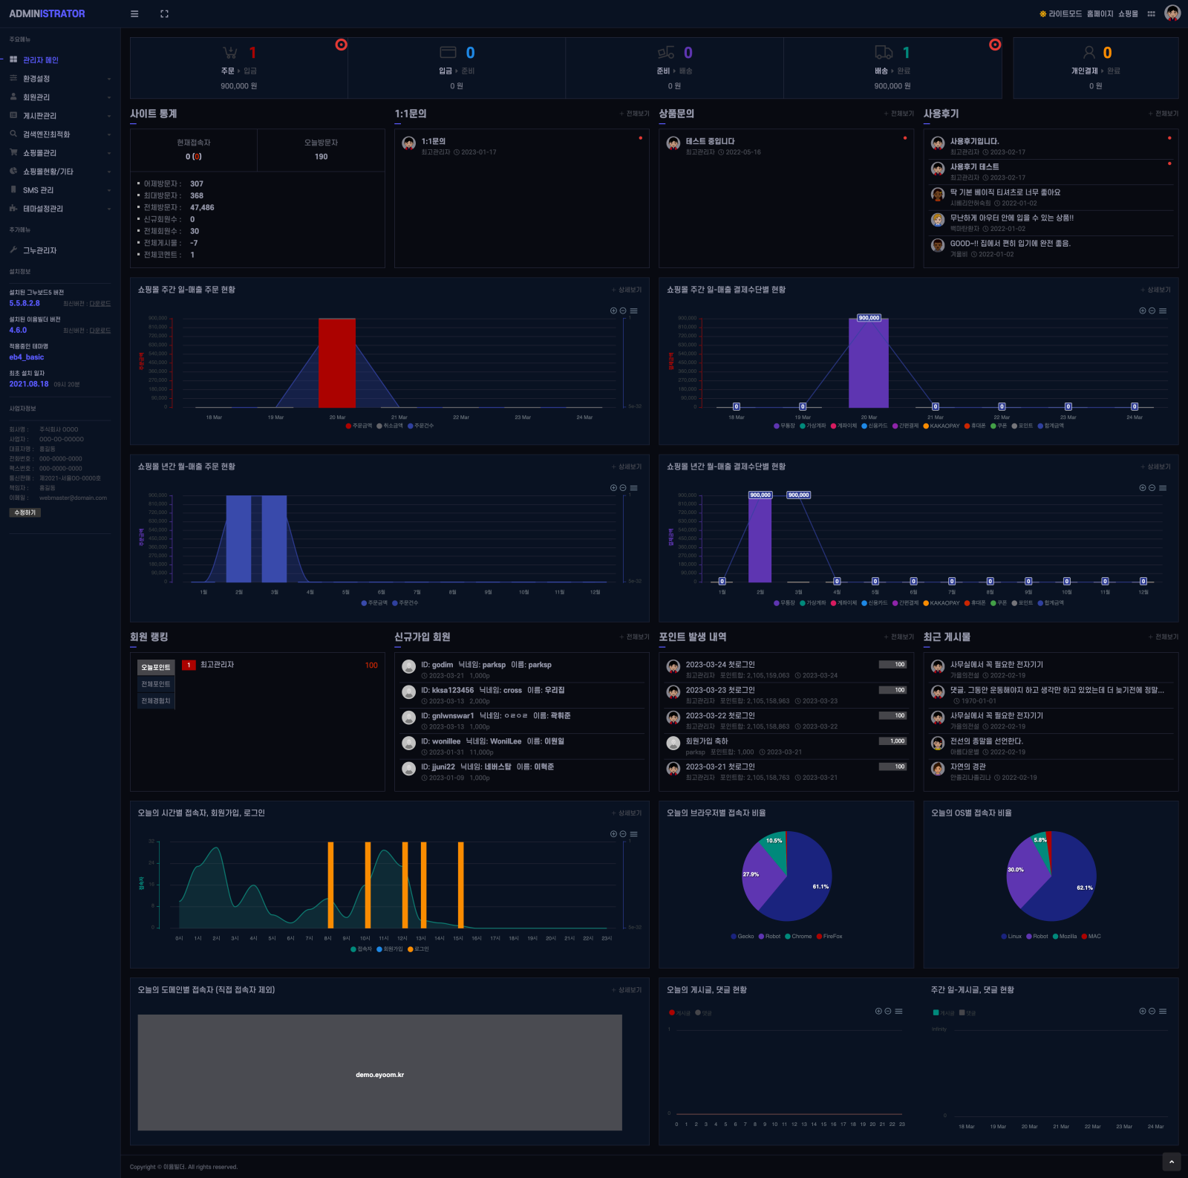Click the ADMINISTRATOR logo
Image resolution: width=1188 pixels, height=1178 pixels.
point(47,13)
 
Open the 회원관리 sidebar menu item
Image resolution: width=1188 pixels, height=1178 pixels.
point(36,97)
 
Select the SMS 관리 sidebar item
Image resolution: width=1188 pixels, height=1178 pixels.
point(38,190)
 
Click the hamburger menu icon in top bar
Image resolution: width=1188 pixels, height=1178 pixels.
point(134,13)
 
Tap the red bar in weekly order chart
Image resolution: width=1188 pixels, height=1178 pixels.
point(337,362)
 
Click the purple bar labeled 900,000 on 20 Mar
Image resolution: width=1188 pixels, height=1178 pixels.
point(868,364)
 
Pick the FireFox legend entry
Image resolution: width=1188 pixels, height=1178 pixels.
point(832,937)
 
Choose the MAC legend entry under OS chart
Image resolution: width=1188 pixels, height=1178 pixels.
point(1093,937)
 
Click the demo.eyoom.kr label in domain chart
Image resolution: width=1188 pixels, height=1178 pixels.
point(379,1075)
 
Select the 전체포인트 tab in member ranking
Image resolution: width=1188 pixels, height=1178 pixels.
point(156,684)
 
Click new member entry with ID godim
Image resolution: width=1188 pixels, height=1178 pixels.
point(486,665)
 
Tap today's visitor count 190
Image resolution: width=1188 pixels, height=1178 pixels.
point(321,157)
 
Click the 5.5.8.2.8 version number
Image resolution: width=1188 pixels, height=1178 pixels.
point(25,303)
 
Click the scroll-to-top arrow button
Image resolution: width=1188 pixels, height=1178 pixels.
point(1171,1162)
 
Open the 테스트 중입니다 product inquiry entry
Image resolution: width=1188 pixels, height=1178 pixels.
point(710,141)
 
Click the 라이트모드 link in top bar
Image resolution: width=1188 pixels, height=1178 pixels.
point(1064,13)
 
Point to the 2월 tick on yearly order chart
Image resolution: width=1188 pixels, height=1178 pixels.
point(239,592)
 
